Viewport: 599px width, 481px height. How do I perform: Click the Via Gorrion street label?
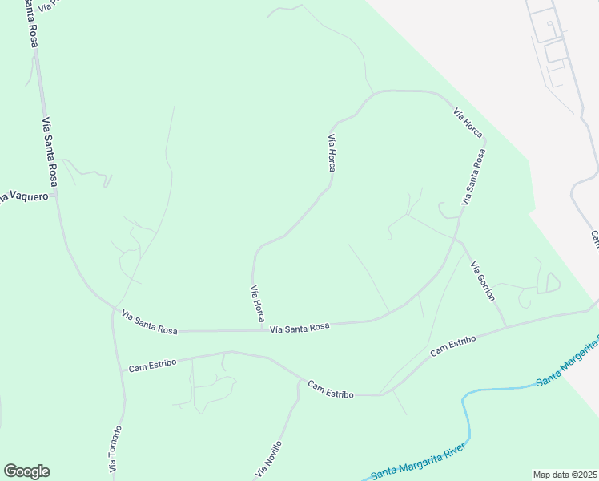tap(483, 281)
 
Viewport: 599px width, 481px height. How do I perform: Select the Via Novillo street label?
tap(269, 459)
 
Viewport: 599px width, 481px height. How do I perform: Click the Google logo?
tap(26, 471)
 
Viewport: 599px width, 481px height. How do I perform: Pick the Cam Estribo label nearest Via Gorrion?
tap(453, 346)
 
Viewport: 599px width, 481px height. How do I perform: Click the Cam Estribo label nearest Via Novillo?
tap(331, 390)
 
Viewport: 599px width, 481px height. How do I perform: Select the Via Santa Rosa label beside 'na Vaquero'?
tap(49, 152)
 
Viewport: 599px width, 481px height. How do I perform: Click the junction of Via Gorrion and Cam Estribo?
tap(506, 326)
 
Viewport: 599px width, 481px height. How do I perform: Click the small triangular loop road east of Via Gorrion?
tap(551, 283)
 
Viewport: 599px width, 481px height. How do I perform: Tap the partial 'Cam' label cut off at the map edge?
tap(595, 239)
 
